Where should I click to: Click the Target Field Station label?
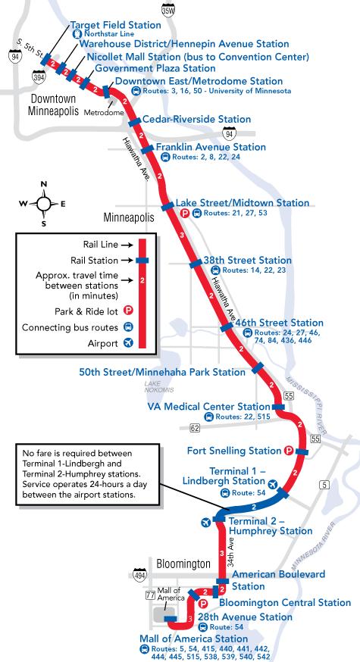coord(115,25)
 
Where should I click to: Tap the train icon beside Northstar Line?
coord(77,34)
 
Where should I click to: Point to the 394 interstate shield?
coord(37,77)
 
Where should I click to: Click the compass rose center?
coord(43,204)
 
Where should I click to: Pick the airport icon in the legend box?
coord(128,343)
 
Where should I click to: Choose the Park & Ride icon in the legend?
coord(128,311)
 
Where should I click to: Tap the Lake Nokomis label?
coord(159,387)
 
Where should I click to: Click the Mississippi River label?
coord(306,405)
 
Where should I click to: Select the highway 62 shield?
coord(195,429)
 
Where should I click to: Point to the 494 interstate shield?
coord(140,575)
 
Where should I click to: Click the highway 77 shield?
coord(150,595)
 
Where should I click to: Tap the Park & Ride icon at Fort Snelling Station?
coord(289,451)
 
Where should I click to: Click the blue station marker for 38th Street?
coord(196,264)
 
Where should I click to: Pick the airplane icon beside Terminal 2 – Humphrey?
coord(206,523)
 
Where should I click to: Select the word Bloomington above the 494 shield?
coord(183,564)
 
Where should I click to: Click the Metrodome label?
coord(104,113)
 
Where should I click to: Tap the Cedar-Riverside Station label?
coord(197,119)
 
